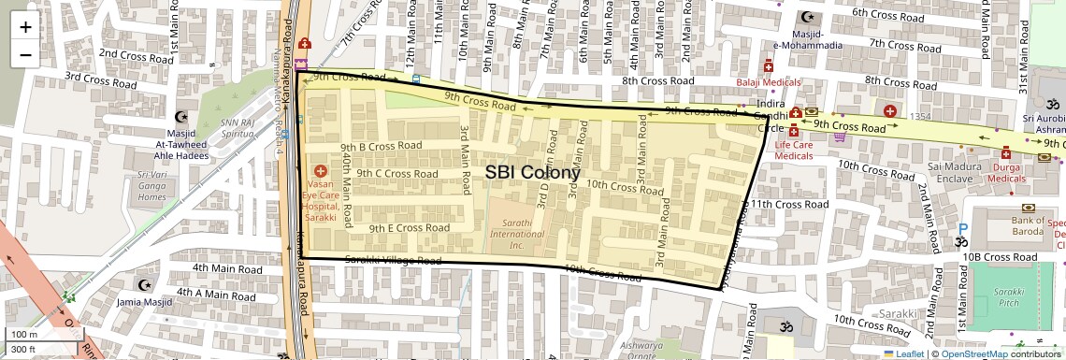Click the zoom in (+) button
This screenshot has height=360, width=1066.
click(x=25, y=27)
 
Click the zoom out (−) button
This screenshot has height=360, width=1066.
click(x=25, y=54)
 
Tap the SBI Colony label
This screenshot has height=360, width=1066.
click(x=532, y=173)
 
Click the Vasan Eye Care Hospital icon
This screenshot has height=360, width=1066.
click(x=321, y=171)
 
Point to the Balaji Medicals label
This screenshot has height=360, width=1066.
click(x=769, y=81)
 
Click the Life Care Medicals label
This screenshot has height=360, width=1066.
click(x=793, y=151)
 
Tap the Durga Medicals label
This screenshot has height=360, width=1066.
click(x=1006, y=171)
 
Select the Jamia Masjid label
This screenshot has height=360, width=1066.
click(x=144, y=302)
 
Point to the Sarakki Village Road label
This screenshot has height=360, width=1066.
click(x=393, y=261)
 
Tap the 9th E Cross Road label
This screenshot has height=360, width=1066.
click(x=409, y=227)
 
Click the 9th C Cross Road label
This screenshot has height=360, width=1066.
click(x=397, y=174)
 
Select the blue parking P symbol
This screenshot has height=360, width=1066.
click(x=963, y=229)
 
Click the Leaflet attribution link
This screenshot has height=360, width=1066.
click(x=902, y=353)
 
